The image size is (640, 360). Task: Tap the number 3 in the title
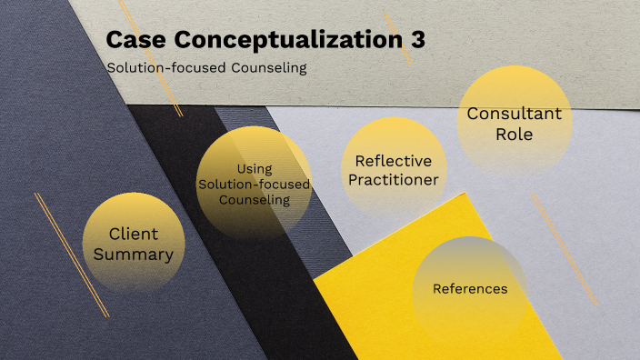[415, 42]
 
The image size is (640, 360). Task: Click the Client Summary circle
[134, 242]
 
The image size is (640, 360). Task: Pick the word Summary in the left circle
[134, 254]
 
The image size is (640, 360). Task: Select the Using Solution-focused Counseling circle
[254, 185]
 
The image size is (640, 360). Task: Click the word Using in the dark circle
[255, 168]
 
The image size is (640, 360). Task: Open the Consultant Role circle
[514, 124]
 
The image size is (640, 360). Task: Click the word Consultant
[514, 114]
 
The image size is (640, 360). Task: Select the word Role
[515, 135]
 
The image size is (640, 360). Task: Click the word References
[469, 289]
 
